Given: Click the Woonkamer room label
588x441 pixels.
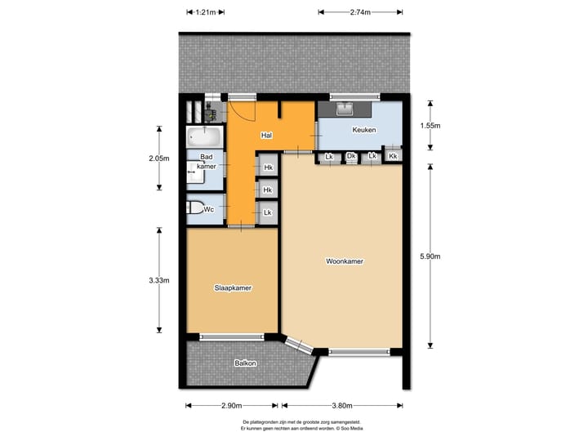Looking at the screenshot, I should click(x=344, y=262).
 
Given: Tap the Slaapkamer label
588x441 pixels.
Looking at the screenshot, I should click(x=233, y=288).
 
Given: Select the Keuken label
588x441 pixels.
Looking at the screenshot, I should click(x=363, y=131).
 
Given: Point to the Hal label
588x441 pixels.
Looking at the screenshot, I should click(x=266, y=135).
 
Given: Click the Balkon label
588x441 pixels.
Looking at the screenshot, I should click(x=245, y=363).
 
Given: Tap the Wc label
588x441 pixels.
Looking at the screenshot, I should click(x=209, y=210).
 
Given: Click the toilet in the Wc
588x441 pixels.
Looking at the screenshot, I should click(x=194, y=210).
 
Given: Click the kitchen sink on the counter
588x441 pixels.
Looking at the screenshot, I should click(x=344, y=109).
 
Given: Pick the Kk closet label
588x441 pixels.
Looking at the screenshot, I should click(x=393, y=156).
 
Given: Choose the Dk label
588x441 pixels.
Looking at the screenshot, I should click(x=350, y=156).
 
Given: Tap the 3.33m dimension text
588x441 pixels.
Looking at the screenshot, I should click(x=159, y=280).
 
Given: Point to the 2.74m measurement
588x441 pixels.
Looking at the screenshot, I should click(x=360, y=12).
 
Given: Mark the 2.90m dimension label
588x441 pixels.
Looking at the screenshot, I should click(x=231, y=406).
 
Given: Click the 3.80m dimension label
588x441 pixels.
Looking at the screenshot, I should click(x=342, y=406).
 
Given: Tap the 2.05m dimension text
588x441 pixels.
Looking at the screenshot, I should click(x=159, y=158).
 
